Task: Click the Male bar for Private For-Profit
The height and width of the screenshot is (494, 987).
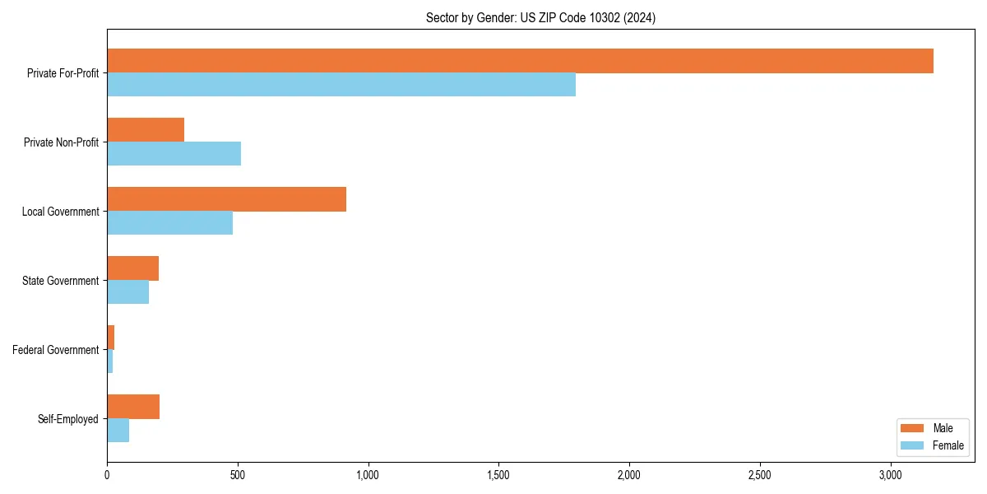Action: coord(520,61)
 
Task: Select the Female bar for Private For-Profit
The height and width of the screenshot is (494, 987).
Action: coord(341,85)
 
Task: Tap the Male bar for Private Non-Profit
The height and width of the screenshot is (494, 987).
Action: coord(146,130)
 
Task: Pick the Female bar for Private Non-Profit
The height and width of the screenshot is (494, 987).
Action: coord(174,154)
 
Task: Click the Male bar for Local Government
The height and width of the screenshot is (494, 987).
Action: coord(226,199)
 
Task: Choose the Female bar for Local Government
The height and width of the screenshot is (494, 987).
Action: coord(169,223)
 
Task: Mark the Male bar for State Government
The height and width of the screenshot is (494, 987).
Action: coord(132,268)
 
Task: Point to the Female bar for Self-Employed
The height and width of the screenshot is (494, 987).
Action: coord(118,431)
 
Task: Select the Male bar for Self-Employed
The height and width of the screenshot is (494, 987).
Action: coord(133,407)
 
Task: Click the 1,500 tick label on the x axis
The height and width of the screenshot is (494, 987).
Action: coord(499,476)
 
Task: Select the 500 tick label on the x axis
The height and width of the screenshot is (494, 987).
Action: coord(238,476)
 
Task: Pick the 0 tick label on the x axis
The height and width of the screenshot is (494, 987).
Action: coord(107,476)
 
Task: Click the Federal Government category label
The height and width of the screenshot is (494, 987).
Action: coord(56,350)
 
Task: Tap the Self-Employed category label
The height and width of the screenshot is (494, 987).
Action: coord(68,419)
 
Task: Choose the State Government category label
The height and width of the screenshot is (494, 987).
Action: coord(61,281)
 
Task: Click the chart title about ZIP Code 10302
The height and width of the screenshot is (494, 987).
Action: coord(540,17)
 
